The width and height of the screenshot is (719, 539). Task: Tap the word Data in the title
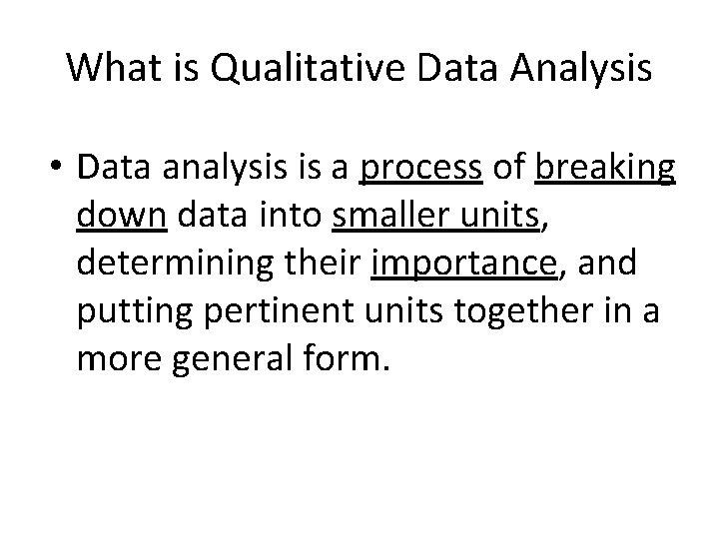coord(431,68)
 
